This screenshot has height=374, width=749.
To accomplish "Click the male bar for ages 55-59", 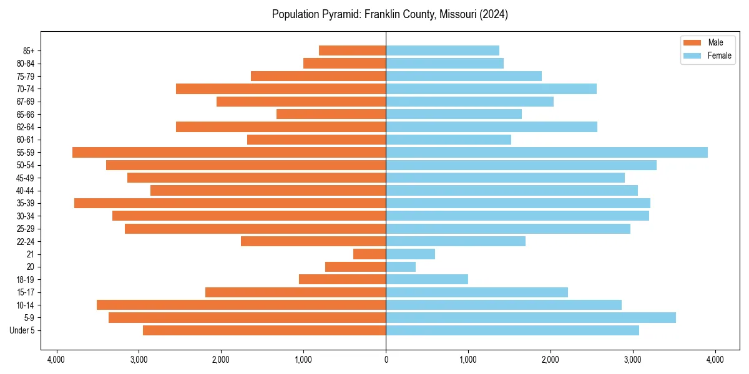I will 229,153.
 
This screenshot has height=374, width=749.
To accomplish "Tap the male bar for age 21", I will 370,254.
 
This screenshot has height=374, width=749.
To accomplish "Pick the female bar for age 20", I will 401,267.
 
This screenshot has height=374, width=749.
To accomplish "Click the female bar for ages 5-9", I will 531,318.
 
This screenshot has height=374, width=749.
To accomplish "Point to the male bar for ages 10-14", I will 242,305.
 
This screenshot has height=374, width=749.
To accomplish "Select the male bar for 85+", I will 353,50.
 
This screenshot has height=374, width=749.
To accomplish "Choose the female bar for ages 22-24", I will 456,241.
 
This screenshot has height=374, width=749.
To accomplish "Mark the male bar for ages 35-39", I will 230,203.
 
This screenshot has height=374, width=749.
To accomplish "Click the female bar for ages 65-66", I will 454,114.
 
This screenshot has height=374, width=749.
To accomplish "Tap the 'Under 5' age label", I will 22,330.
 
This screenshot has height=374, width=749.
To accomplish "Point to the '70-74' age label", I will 26,89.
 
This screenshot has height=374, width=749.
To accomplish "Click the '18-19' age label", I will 26,280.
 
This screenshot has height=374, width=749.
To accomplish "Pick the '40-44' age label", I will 26,191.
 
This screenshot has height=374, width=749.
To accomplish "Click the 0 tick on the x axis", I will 386,360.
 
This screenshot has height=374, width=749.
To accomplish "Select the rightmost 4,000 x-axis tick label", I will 715,360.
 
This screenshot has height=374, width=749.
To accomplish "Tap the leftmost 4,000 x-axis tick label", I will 56,360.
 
